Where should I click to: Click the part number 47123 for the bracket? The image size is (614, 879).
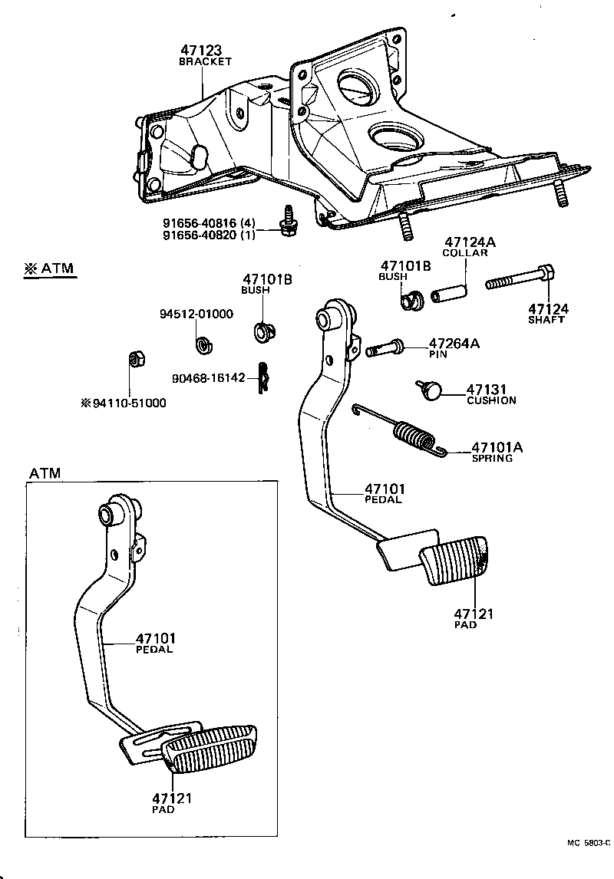click(204, 51)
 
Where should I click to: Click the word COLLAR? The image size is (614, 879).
click(464, 253)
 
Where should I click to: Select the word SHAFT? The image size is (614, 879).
click(546, 320)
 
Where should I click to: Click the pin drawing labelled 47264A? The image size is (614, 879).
click(385, 348)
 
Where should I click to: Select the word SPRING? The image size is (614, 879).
click(492, 458)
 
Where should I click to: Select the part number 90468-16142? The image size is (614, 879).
click(208, 378)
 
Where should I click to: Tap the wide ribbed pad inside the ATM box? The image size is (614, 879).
click(208, 749)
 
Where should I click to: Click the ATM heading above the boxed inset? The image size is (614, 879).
click(45, 473)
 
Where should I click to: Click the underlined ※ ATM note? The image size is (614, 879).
click(53, 269)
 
